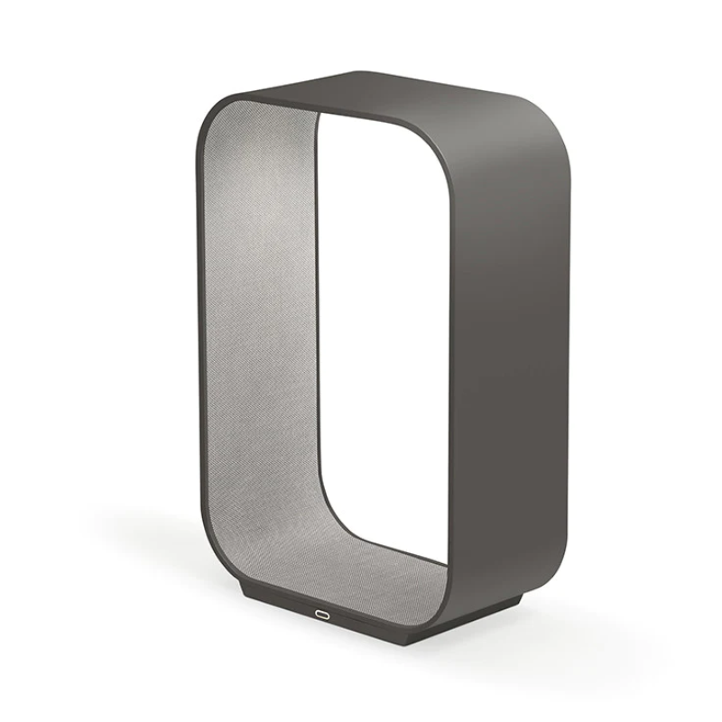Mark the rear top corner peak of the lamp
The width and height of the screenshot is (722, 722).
361,71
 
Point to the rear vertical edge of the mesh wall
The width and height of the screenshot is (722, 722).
316,343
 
